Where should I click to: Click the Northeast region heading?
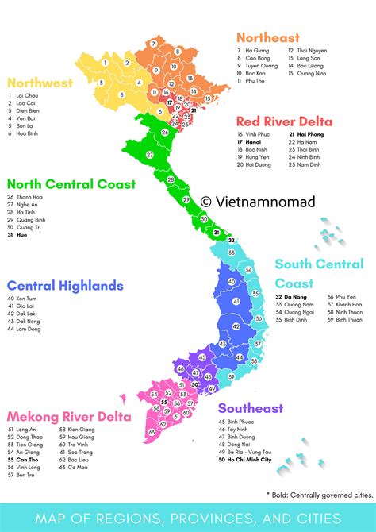pyautogui.click(x=268, y=37)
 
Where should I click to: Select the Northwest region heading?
pyautogui.click(x=40, y=83)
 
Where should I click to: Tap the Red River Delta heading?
pyautogui.click(x=284, y=121)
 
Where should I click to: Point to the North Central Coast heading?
pyautogui.click(x=72, y=184)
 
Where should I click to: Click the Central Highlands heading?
pyautogui.click(x=65, y=285)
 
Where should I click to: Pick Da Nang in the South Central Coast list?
pyautogui.click(x=293, y=297)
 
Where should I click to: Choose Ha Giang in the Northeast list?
pyautogui.click(x=259, y=50)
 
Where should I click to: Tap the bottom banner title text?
pyautogui.click(x=188, y=518)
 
